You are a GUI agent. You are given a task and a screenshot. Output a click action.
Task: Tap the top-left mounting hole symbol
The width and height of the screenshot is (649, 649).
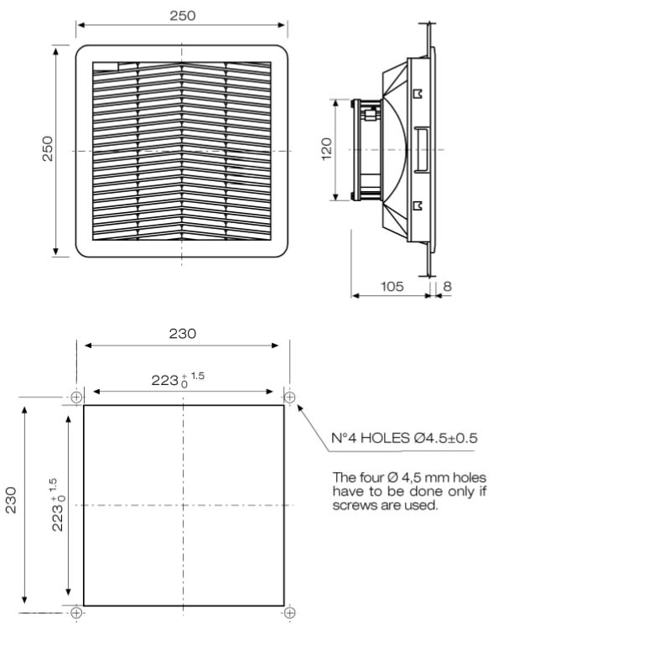click(x=76, y=397)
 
